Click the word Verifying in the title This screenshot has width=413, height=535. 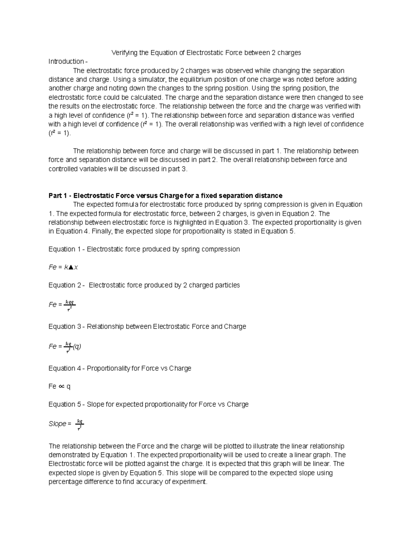coord(124,53)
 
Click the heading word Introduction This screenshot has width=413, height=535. coord(66,62)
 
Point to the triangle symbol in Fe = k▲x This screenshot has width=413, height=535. coord(71,267)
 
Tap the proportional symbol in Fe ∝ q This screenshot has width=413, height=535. coord(61,387)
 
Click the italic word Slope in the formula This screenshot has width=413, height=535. coord(57,424)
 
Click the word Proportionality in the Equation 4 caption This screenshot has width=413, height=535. coord(108,369)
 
